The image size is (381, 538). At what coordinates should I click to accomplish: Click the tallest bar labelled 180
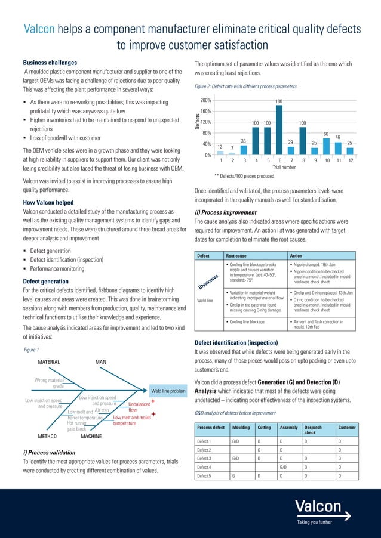[x=279, y=131]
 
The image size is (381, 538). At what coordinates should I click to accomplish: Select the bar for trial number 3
[x=244, y=150]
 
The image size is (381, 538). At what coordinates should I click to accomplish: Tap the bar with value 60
[x=326, y=146]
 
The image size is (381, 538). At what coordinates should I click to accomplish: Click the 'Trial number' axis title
[x=285, y=168]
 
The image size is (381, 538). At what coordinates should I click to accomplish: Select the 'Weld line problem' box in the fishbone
[x=168, y=391]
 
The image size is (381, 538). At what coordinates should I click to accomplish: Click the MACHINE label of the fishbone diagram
[x=91, y=437]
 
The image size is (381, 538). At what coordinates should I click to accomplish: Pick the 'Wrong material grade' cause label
[x=50, y=382]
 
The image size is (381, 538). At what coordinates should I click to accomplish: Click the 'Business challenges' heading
[x=50, y=63]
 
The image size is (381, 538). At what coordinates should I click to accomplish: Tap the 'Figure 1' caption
[x=30, y=350]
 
